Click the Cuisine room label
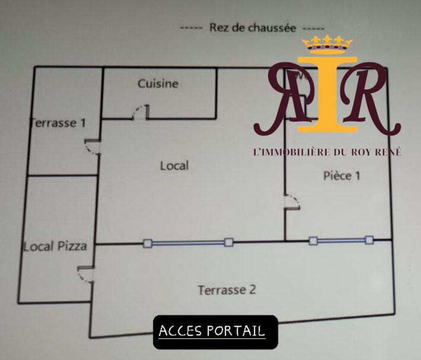158,84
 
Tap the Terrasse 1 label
58,123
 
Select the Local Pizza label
55,246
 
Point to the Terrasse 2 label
227,290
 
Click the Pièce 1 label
342,176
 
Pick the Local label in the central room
174,165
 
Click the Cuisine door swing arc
139,111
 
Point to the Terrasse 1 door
93,146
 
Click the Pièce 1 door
292,201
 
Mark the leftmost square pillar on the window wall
148,243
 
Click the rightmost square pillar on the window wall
369,240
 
